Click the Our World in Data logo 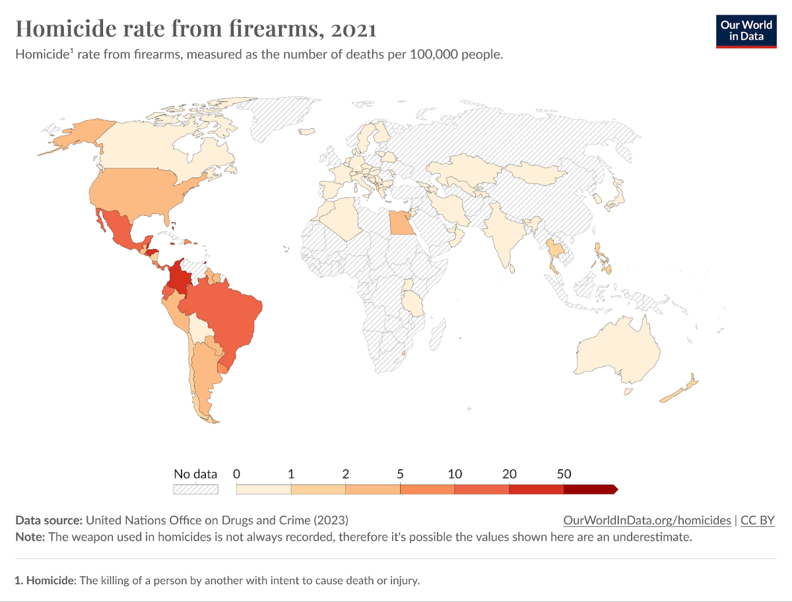click(745, 31)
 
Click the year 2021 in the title click(354, 29)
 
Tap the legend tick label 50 click(564, 474)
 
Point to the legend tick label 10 click(454, 474)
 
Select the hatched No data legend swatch click(195, 489)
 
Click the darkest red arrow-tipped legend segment click(590, 489)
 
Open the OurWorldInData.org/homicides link click(647, 520)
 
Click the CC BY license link click(757, 520)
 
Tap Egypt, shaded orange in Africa click(399, 224)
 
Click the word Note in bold click(29, 537)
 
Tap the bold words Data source click(49, 520)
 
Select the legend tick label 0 click(236, 474)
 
